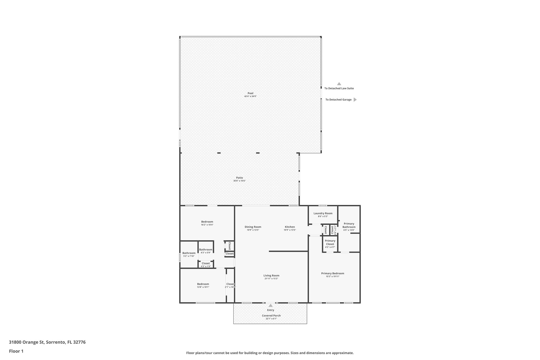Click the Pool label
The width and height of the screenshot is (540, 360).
point(250,93)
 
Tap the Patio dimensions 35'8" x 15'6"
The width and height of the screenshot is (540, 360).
point(239,181)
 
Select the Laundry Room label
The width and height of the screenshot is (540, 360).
point(323,213)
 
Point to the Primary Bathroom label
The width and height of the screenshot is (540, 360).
point(349,225)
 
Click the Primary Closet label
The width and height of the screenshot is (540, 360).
point(330,242)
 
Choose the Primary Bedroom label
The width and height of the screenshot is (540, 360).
point(332,273)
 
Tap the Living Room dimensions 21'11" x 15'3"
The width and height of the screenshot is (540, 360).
point(271,279)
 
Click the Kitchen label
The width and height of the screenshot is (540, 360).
point(290,227)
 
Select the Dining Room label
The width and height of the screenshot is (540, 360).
point(253,227)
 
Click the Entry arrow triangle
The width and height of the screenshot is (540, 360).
point(271,305)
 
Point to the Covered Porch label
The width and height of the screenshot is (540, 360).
point(271,315)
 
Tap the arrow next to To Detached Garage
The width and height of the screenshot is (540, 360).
point(355,100)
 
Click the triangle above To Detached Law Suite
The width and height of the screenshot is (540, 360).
point(339,84)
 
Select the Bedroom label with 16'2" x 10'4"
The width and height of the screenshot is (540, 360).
point(207,222)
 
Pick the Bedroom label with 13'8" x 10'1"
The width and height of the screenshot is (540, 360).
point(203,284)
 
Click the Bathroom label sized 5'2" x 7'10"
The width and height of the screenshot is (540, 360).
point(189,253)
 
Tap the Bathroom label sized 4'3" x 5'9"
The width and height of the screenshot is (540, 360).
point(206,249)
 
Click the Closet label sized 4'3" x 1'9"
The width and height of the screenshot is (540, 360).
point(206,263)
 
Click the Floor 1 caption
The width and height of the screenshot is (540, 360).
point(16,351)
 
